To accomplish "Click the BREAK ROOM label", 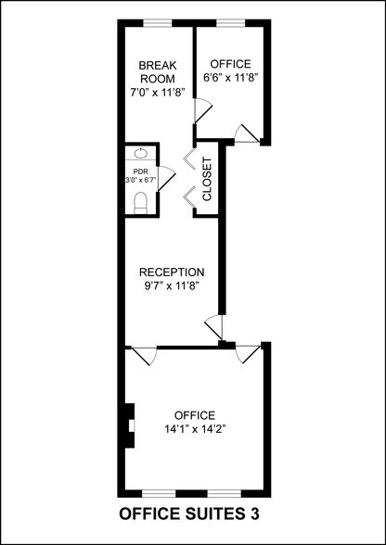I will [158, 71].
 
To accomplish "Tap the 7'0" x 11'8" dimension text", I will [158, 92].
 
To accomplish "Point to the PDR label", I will [140, 171].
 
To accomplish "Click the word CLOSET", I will [207, 180].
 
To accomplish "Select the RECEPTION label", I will [172, 272].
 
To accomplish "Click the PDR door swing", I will [166, 180].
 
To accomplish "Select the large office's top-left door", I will [142, 356].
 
